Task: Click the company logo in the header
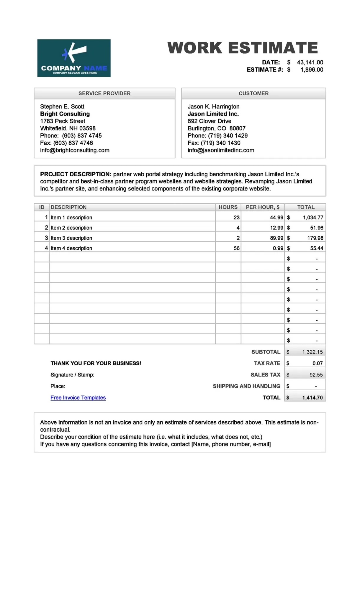click(74, 58)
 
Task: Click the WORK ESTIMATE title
click(243, 48)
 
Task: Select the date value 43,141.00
click(310, 63)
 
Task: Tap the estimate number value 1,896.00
click(312, 70)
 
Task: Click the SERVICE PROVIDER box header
click(104, 93)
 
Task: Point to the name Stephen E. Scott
click(62, 107)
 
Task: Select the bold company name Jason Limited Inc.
click(213, 114)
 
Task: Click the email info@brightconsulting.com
click(75, 150)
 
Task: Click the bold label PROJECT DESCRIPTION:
click(76, 174)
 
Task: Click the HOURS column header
click(228, 207)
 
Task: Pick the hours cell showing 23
click(236, 218)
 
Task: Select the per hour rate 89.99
click(276, 238)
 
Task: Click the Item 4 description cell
click(71, 248)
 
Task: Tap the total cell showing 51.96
click(316, 228)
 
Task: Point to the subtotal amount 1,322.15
click(312, 352)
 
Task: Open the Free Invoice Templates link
click(78, 398)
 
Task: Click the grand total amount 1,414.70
click(312, 398)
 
